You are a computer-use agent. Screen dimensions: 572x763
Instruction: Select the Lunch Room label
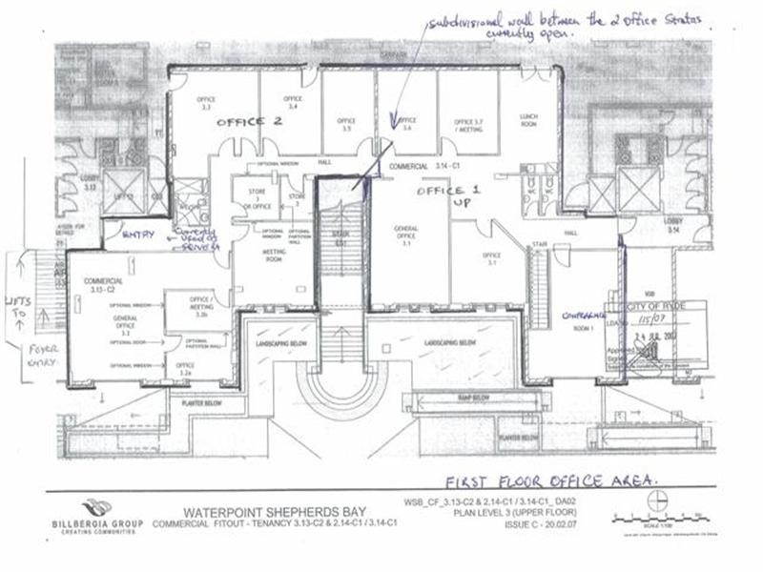click(x=529, y=118)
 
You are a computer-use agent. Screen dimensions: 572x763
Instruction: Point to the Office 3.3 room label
click(x=205, y=103)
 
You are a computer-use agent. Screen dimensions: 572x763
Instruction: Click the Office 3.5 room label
click(x=346, y=124)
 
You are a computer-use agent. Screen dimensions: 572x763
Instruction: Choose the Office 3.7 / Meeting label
click(x=469, y=125)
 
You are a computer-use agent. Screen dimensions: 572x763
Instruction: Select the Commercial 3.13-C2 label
click(x=103, y=283)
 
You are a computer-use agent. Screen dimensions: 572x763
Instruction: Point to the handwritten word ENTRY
click(x=139, y=234)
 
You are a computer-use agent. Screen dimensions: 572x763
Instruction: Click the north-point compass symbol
click(x=657, y=500)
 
